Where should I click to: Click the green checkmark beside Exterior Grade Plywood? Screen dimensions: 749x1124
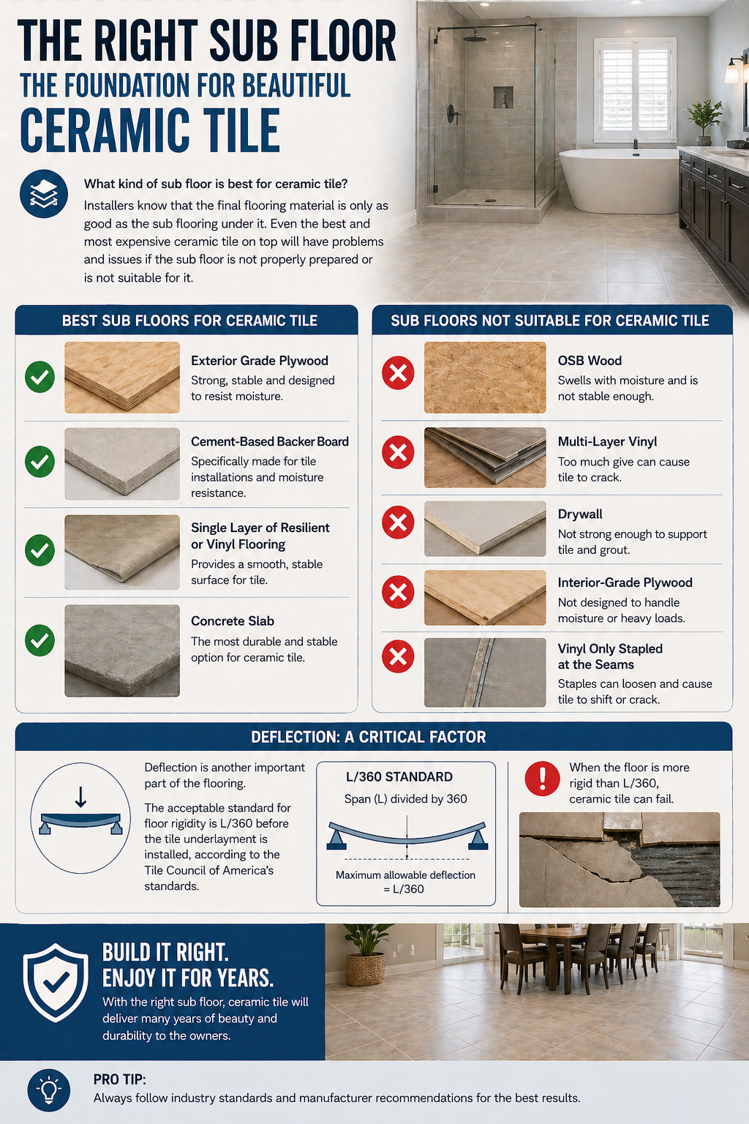click(39, 377)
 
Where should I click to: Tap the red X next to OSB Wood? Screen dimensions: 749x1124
click(398, 372)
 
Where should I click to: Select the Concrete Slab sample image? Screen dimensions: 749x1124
click(122, 651)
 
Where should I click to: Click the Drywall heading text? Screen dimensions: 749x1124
click(580, 514)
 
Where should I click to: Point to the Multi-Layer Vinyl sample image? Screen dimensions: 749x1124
click(485, 457)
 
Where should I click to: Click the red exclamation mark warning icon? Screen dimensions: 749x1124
click(542, 779)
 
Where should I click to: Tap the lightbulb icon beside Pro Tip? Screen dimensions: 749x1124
click(49, 1090)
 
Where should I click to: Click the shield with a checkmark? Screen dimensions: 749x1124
click(56, 983)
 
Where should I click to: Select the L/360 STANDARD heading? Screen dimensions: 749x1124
click(399, 776)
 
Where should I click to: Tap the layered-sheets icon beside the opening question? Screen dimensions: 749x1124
click(44, 194)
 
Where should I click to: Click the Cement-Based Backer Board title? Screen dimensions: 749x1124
click(270, 441)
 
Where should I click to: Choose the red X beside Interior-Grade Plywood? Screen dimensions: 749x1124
click(398, 592)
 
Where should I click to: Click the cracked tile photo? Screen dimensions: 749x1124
click(620, 860)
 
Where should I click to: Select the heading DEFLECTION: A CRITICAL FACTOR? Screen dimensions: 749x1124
click(368, 737)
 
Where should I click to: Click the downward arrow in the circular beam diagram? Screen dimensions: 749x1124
click(80, 797)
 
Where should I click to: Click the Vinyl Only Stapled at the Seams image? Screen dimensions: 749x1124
click(485, 672)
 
